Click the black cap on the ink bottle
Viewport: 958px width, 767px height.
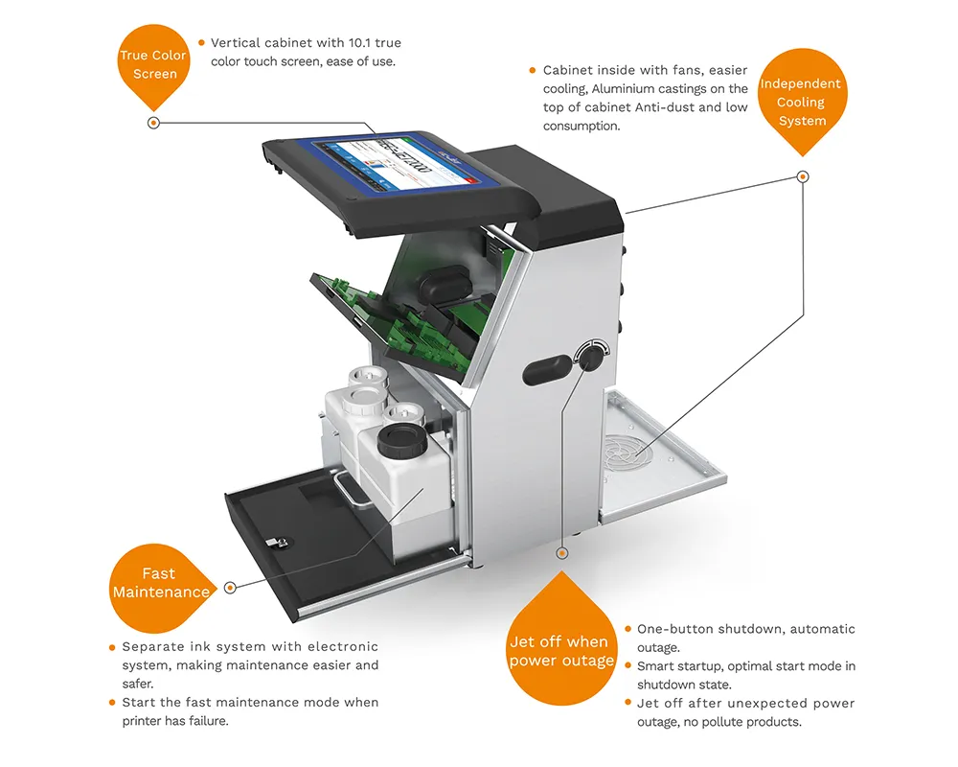pyautogui.click(x=401, y=442)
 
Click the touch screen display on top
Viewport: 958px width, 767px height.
pyautogui.click(x=404, y=162)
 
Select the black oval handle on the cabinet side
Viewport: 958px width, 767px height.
pyautogui.click(x=547, y=370)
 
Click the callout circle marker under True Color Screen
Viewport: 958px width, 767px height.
pyautogui.click(x=154, y=123)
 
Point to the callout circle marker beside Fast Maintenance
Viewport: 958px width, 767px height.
pyautogui.click(x=230, y=588)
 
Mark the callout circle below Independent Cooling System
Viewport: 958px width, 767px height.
pyautogui.click(x=804, y=176)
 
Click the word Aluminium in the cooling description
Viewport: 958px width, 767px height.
pyautogui.click(x=622, y=89)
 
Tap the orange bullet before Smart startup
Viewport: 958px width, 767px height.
pyautogui.click(x=628, y=665)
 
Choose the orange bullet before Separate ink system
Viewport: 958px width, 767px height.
pyautogui.click(x=112, y=647)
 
